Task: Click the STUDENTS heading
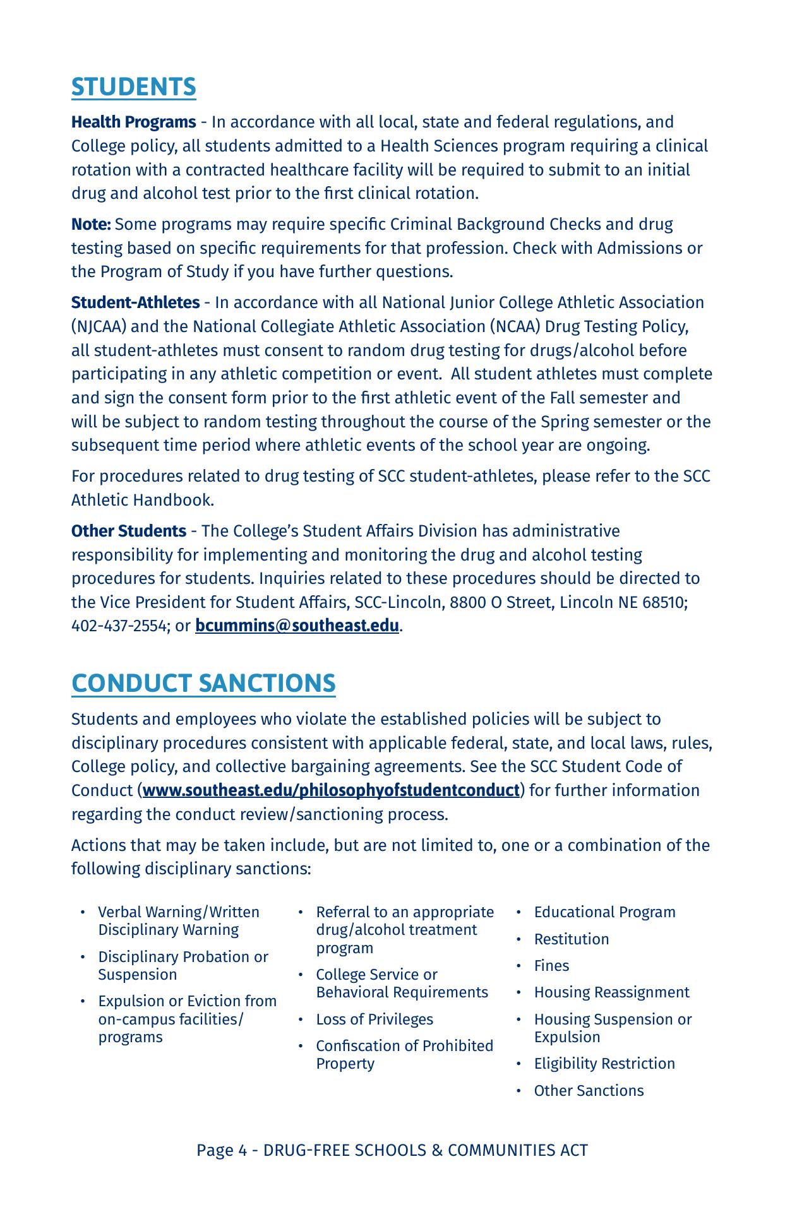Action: coord(133,87)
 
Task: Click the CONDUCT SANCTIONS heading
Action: coord(203,684)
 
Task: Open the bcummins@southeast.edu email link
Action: coord(297,626)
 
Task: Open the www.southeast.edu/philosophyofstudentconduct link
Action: coord(331,790)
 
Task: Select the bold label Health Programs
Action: coord(133,122)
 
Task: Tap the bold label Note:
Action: coord(91,224)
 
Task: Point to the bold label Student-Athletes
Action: coord(135,302)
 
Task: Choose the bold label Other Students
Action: coord(128,531)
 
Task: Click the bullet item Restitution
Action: coord(571,939)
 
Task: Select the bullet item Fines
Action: coord(551,966)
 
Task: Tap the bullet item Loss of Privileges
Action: coord(375,1019)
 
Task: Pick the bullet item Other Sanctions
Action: coord(589,1091)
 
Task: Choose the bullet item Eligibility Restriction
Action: coord(604,1064)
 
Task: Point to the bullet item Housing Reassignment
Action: coord(611,992)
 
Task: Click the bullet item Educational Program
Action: coord(604,912)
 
